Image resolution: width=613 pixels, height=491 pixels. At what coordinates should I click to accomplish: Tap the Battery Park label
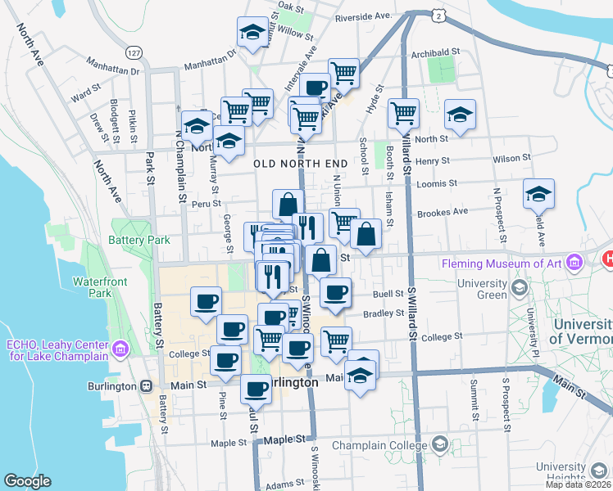tap(139, 240)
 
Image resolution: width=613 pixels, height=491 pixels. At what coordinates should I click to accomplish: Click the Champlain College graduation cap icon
tap(440, 445)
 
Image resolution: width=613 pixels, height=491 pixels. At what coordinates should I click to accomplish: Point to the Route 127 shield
tap(132, 52)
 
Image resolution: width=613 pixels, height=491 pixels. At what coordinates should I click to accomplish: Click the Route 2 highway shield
tap(440, 16)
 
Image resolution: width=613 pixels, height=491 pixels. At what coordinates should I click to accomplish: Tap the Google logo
tap(28, 480)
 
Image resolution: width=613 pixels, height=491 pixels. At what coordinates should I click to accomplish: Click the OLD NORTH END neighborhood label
tap(301, 164)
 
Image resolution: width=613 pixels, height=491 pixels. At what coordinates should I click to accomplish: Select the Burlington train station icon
tap(146, 385)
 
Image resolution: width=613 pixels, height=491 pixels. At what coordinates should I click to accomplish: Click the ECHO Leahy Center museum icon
tap(121, 350)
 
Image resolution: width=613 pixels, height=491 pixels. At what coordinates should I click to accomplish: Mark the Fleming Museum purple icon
tap(575, 263)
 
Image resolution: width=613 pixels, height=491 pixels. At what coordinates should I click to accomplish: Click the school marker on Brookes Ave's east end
tap(538, 194)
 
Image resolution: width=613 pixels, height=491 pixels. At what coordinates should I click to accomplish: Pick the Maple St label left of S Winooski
tap(229, 444)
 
